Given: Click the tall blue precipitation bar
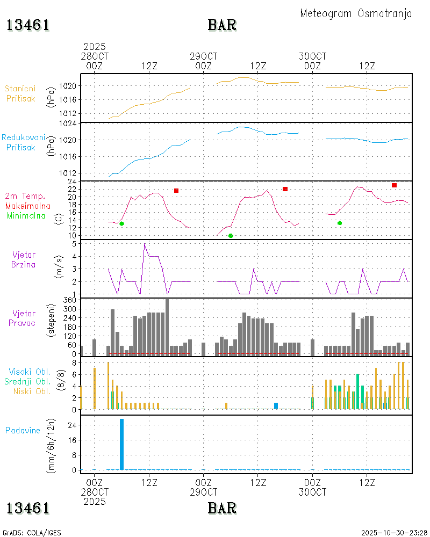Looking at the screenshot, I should [x=121, y=444].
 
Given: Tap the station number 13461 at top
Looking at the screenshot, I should [x=28, y=25].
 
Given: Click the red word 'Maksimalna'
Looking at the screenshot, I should [x=28, y=206].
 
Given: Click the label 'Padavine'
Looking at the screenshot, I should [x=23, y=430].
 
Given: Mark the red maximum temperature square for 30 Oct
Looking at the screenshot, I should [x=394, y=185].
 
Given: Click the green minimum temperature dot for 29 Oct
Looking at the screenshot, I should [x=231, y=236].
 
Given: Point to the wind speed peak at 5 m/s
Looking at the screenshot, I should [x=145, y=244].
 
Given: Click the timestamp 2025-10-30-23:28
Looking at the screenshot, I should [x=394, y=533].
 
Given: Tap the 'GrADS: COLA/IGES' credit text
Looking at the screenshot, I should [x=32, y=533].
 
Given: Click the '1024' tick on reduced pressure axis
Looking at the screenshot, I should [x=69, y=124].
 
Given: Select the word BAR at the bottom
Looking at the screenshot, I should [x=222, y=507].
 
